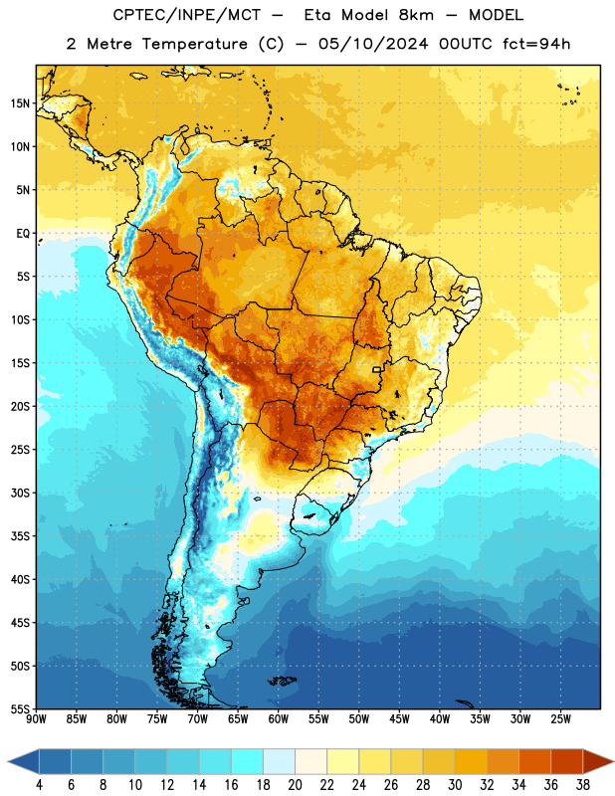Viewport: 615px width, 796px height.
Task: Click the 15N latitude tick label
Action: pos(20,103)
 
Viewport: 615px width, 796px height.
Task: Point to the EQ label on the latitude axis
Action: pos(23,234)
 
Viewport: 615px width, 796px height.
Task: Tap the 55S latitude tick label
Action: pos(20,708)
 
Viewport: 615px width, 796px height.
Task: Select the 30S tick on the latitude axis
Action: pos(20,493)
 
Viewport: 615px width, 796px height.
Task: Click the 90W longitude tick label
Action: pos(36,718)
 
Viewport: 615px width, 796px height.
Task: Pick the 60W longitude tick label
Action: pos(279,718)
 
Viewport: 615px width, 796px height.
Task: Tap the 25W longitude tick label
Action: pos(560,718)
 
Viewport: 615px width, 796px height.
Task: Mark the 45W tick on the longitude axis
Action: pos(399,718)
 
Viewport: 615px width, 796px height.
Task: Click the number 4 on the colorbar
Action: pos(39,785)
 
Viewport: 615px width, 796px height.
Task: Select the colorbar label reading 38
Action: pos(583,785)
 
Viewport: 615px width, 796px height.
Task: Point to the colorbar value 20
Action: pos(295,785)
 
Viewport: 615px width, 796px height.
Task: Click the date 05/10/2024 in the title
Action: pos(373,44)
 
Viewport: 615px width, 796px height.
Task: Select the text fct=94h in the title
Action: pos(536,44)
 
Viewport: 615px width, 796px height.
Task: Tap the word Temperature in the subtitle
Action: pos(194,45)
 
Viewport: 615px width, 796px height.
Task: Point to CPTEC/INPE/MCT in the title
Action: pos(186,15)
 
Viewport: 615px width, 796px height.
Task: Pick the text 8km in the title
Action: pos(416,15)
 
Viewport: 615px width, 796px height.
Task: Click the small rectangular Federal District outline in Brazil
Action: pos(377,369)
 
